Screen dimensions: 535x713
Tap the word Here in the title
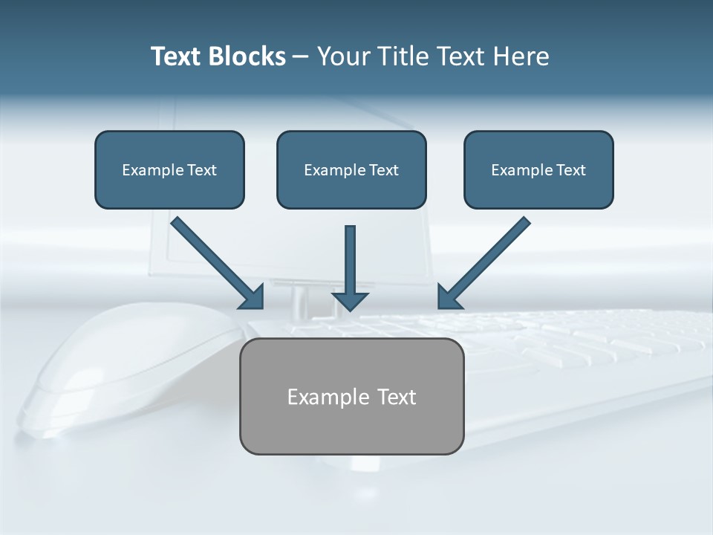[x=521, y=56]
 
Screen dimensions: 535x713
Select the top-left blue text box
[x=169, y=169]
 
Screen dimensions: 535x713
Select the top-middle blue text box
[x=351, y=169]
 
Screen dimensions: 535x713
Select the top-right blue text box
[x=538, y=169]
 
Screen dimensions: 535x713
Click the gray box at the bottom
[x=351, y=396]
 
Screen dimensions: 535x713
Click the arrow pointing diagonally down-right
[x=215, y=261]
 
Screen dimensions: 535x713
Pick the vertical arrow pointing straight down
[x=351, y=264]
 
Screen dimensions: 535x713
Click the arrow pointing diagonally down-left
[x=485, y=261]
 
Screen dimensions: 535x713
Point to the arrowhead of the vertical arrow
[x=351, y=299]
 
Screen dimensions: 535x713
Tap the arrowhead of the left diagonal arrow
[x=253, y=296]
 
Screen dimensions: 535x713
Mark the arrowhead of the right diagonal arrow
[x=449, y=296]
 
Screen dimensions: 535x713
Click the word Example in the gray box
[x=328, y=397]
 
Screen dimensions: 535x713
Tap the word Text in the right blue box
[x=571, y=170]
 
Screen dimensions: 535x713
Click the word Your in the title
[x=342, y=56]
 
